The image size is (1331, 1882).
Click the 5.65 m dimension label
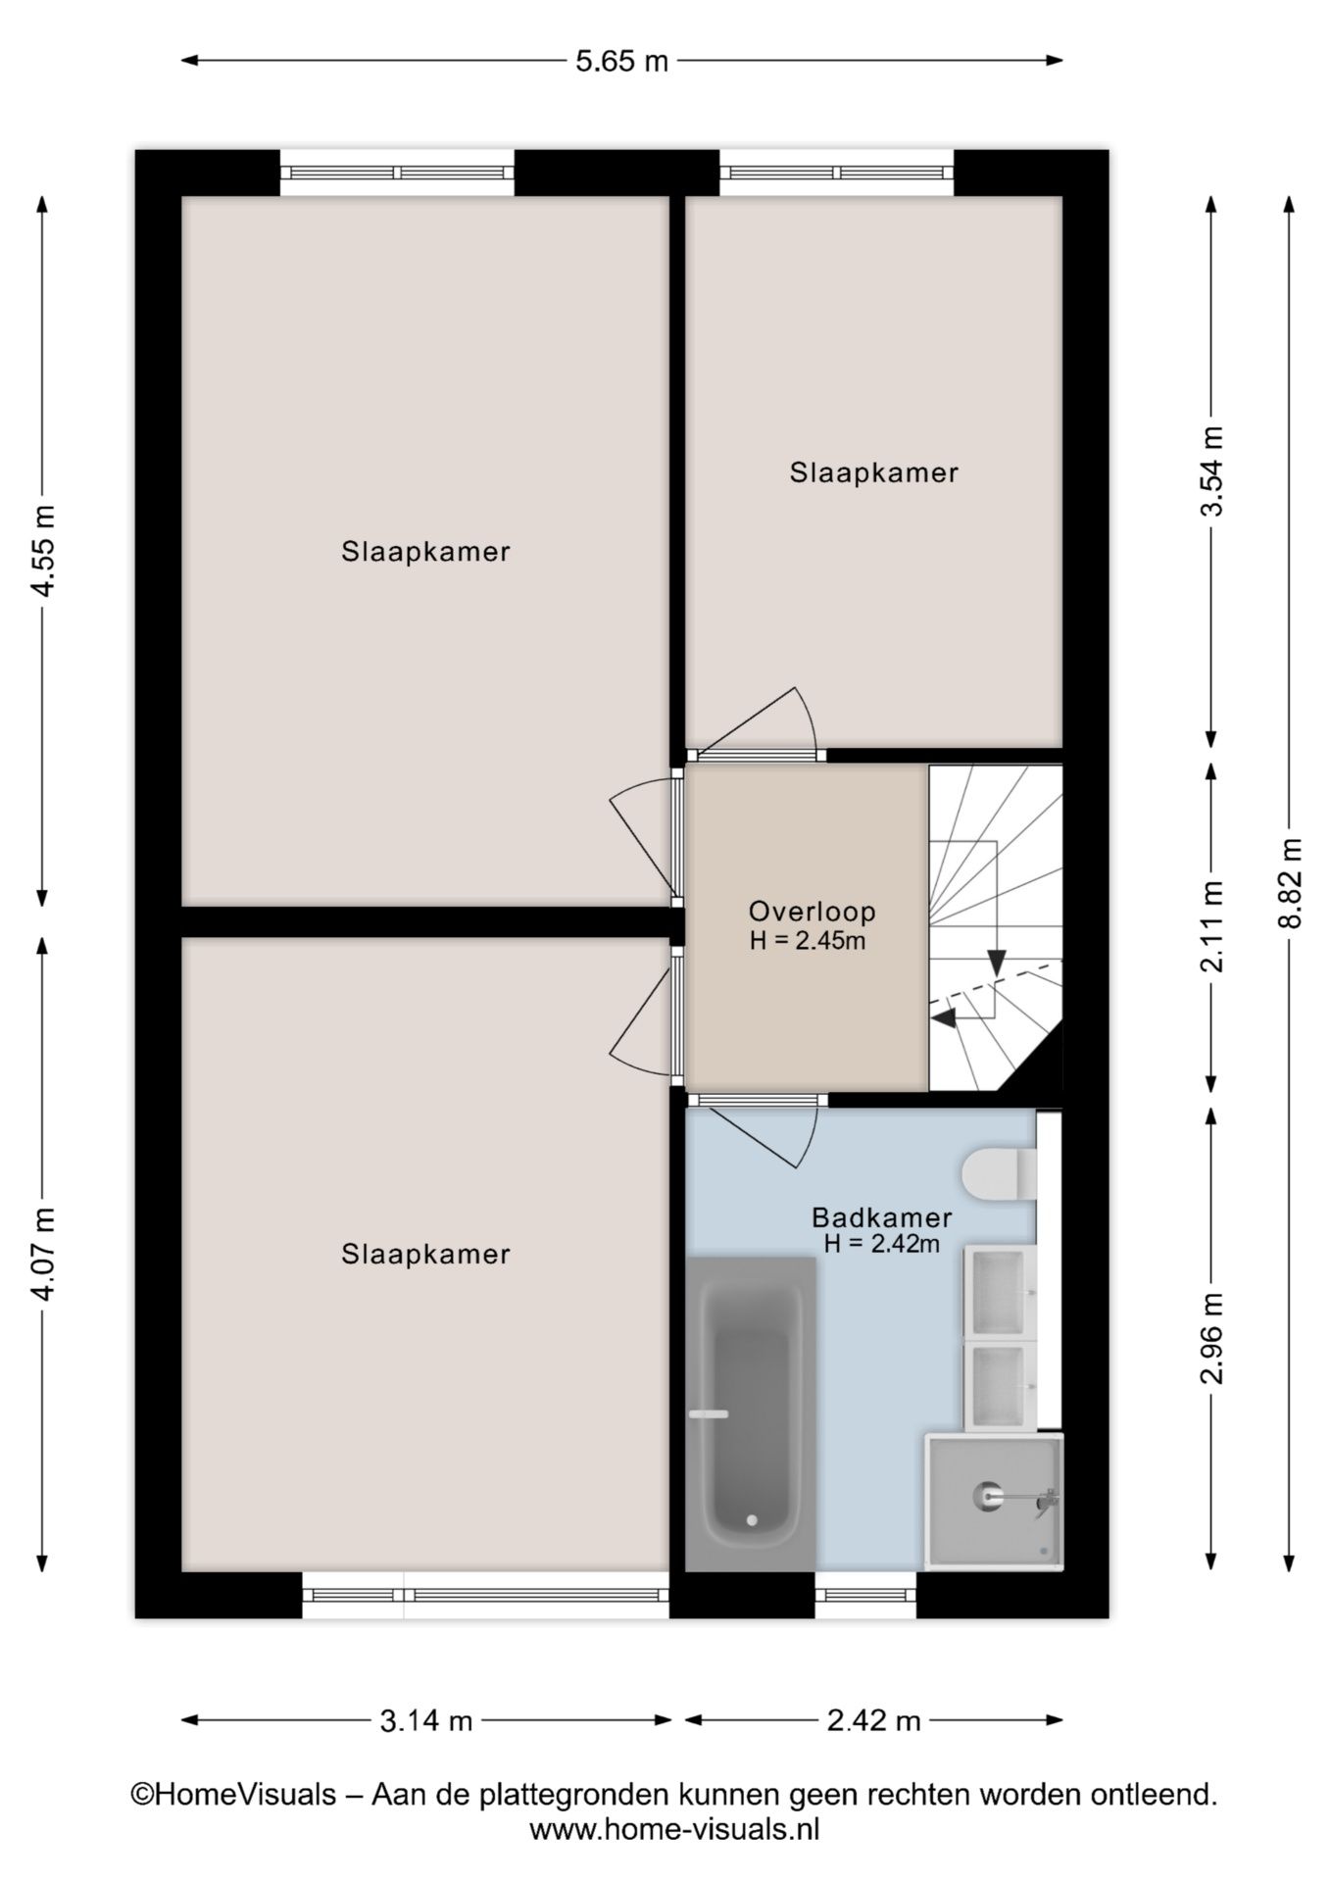621,61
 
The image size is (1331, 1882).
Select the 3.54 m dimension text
1212,470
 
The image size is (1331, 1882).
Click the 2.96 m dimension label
1212,1338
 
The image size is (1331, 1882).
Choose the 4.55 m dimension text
43,551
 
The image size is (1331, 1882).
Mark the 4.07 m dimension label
43,1254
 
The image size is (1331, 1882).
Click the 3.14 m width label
426,1720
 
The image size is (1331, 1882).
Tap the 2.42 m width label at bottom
873,1720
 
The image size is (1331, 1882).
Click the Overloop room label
812,912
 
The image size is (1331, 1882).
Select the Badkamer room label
881,1218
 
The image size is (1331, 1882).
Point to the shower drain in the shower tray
986,1495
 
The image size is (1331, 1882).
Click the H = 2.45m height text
808,941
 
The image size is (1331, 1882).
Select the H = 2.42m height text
881,1244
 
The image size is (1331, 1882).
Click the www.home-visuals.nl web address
674,1829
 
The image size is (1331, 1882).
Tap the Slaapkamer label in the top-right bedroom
873,472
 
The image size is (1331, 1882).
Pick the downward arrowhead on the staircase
997,963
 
